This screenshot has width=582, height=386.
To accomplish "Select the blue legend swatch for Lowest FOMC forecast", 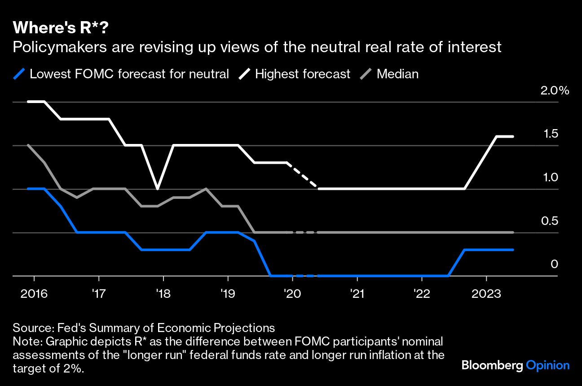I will coord(19,74).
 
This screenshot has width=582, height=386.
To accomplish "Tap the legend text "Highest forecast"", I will coord(302,74).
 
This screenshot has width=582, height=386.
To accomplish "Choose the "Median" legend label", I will coord(397,74).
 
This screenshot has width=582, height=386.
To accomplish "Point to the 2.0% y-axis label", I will coord(555,90).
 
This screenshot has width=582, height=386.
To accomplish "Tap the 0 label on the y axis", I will coord(554,264).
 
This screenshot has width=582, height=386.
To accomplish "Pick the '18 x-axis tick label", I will coord(163,294).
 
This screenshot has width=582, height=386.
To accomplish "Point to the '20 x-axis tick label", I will coord(292,294).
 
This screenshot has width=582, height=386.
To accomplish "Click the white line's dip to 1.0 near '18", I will coord(157,189).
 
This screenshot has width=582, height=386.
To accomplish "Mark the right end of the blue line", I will coord(513,250).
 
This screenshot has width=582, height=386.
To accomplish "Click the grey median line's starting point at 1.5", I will coord(28,145).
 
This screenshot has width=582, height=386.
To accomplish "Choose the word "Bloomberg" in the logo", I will coord(492,365).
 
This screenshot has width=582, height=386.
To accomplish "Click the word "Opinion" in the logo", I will coord(548,365).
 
